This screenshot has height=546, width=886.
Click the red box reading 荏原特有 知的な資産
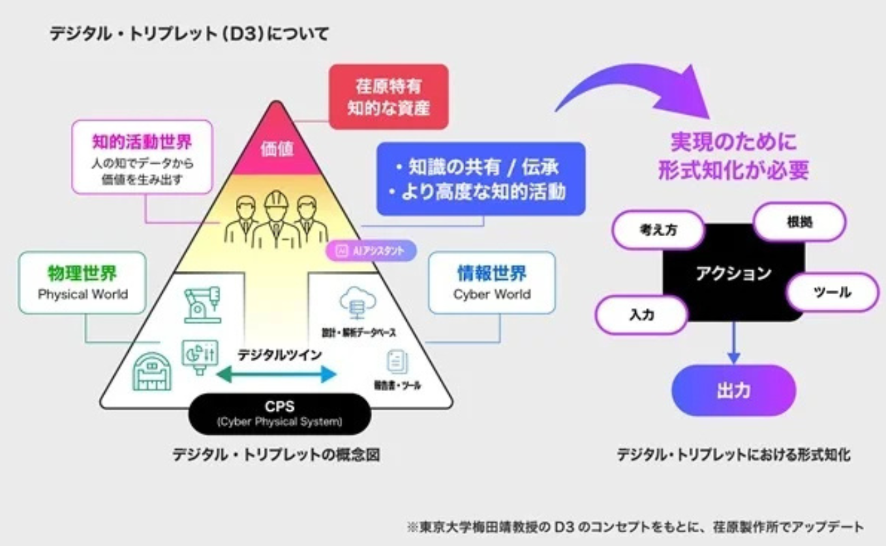click(388, 97)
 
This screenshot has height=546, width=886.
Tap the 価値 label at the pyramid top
click(277, 149)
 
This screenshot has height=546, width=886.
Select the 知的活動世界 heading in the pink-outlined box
click(142, 142)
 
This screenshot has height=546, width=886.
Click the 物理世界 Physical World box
click(82, 283)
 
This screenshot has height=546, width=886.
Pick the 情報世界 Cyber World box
click(491, 283)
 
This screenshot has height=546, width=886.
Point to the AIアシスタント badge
click(371, 250)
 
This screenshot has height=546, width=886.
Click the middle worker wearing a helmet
click(276, 218)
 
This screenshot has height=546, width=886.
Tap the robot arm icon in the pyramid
click(202, 304)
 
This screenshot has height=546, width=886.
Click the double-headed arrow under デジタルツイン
click(277, 373)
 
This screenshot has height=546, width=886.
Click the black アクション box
click(733, 273)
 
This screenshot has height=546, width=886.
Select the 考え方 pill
click(658, 231)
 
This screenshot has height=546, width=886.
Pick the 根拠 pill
click(799, 222)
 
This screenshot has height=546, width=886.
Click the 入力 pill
click(641, 315)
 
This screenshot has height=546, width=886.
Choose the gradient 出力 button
click(733, 390)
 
